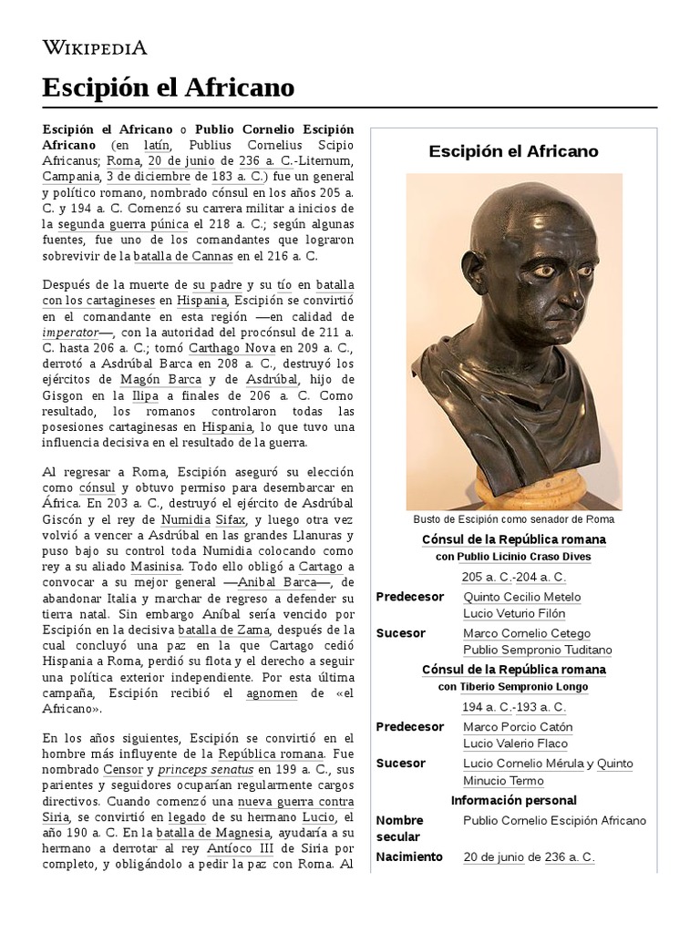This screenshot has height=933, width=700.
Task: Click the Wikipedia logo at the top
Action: point(94,47)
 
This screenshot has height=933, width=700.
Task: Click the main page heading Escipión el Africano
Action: point(169,87)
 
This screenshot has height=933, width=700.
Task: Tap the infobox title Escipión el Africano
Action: point(513,151)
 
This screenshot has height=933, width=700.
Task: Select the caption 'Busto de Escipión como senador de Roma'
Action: point(513,519)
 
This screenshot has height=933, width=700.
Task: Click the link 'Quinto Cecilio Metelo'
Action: point(521,597)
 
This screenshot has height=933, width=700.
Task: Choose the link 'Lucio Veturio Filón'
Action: point(513,613)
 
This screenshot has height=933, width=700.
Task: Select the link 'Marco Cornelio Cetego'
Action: point(526,633)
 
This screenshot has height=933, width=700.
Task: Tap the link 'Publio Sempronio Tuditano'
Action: point(537,650)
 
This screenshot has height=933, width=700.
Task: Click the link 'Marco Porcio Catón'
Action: point(518,727)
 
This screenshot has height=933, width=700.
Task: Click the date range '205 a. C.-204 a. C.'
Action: point(513,577)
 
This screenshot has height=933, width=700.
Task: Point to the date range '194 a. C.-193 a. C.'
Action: point(513,707)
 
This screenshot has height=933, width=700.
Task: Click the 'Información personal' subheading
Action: point(513,800)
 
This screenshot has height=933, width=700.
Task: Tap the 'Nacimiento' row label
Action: point(409,856)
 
